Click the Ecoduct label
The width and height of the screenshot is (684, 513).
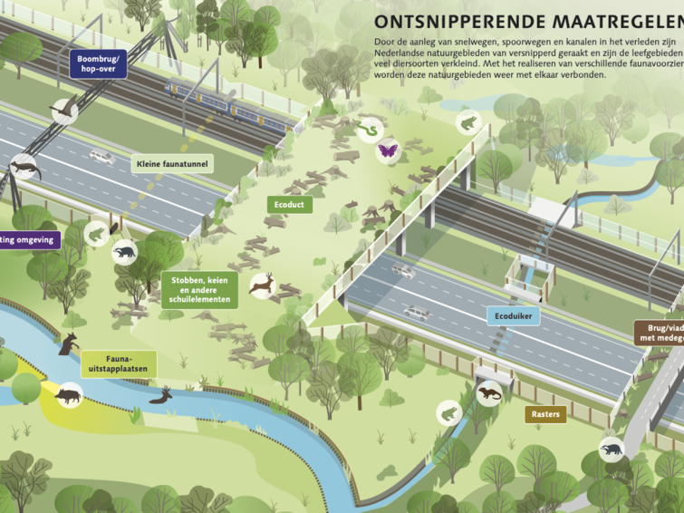tap(289, 205)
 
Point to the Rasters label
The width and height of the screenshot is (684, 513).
tap(545, 414)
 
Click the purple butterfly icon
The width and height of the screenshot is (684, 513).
tap(389, 150)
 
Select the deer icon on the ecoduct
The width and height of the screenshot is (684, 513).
tap(262, 285)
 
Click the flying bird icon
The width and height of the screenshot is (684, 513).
tap(63, 111)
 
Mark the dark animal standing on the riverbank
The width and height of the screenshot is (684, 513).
tap(69, 344)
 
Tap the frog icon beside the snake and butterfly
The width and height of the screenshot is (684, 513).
tap(469, 121)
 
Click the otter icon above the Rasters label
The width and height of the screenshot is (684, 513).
tap(489, 393)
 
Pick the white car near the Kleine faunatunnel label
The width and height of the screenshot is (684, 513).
tap(102, 158)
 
